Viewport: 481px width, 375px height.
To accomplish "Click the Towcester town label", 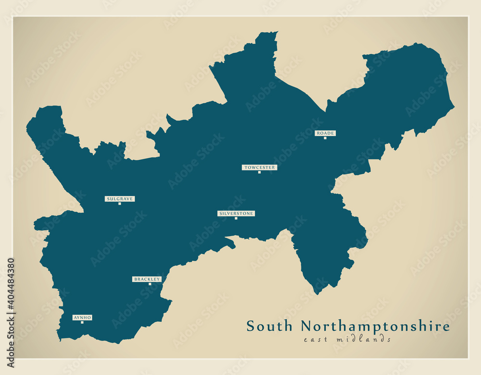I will tap(259, 168).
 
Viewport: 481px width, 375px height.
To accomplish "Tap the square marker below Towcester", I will tap(259, 172).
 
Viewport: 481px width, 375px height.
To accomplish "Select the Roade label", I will tap(325, 133).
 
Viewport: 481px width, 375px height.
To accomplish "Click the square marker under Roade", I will tap(325, 138).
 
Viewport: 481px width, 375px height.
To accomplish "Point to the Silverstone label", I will tap(236, 213).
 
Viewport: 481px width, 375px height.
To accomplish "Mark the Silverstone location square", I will tap(236, 218).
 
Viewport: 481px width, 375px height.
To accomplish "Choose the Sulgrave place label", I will tap(120, 199).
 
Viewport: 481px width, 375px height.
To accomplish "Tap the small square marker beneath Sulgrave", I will tap(120, 204).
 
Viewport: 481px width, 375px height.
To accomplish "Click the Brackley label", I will tap(147, 279).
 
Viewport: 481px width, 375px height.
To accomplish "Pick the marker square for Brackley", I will tap(150, 284).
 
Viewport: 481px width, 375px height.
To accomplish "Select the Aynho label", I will tap(82, 317).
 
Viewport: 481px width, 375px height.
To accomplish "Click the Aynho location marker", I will tap(82, 322).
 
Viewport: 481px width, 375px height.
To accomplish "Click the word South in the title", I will tap(269, 327).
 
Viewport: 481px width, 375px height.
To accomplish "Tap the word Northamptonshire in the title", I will tap(375, 327).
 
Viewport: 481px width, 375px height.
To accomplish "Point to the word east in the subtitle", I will tap(315, 339).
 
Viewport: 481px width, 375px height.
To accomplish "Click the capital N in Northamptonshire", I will tap(306, 327).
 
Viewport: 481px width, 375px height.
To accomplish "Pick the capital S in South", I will tap(250, 327).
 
